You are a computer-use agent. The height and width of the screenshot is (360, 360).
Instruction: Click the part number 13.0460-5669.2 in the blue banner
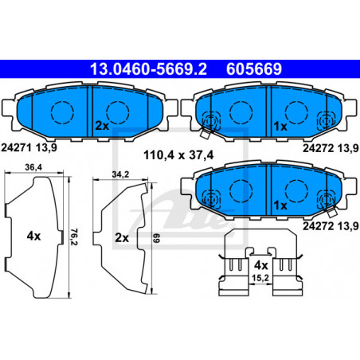148,69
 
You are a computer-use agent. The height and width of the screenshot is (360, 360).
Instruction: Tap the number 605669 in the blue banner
254,69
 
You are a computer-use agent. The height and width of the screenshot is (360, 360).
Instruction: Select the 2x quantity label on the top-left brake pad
102,126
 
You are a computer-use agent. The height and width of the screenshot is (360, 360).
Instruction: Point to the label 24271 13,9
29,147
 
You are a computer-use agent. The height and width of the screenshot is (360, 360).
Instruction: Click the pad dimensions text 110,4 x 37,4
178,155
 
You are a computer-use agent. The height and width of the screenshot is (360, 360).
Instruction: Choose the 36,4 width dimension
33,167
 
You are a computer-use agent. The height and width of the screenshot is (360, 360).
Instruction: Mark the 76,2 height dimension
74,237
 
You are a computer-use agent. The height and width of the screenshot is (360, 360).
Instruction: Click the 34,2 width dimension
120,174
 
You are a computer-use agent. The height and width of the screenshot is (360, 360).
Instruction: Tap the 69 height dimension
157,238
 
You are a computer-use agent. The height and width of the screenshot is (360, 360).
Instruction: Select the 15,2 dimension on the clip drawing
260,278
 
